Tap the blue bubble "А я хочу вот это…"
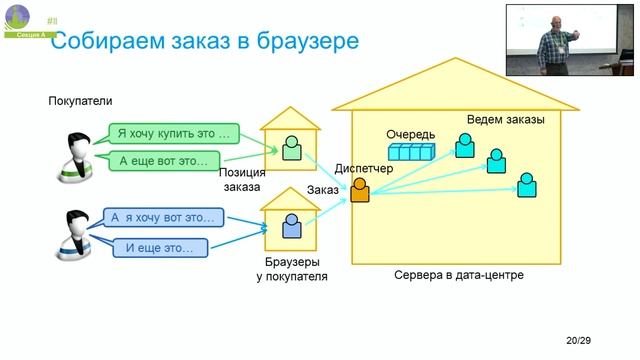point(163,216)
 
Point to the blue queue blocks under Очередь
point(413,153)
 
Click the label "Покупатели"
point(81,101)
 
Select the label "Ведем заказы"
point(505,121)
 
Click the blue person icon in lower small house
point(291,227)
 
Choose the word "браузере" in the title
point(306,41)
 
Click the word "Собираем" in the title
point(108,41)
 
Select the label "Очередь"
point(411,133)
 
